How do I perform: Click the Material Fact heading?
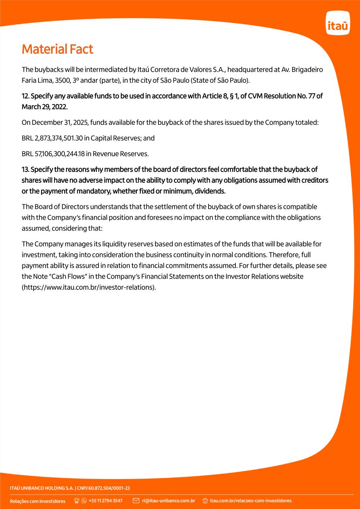coord(57,49)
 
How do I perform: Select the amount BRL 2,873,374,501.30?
coord(52,138)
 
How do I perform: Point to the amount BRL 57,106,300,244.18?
coord(53,154)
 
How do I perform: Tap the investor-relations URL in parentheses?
coord(89,288)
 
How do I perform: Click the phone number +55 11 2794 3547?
coord(106,501)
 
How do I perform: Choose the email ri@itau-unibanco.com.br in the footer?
coord(169,501)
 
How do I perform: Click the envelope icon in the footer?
coord(136,501)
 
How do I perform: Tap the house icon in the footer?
coord(205,501)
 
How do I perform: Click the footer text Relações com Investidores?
coord(38,501)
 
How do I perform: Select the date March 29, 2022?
coord(44,107)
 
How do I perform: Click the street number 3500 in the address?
coord(62,81)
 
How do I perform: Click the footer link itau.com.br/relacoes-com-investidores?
coord(251,501)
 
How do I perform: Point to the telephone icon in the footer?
coord(77,501)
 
